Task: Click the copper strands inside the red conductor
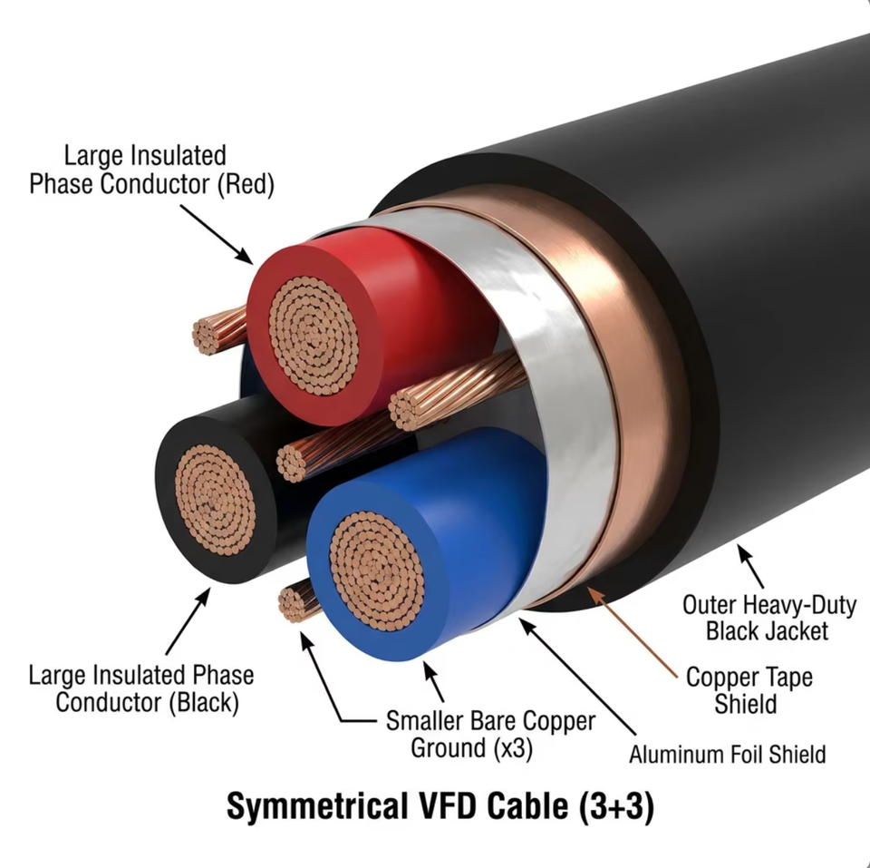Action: [x=314, y=336]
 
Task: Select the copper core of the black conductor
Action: [x=216, y=499]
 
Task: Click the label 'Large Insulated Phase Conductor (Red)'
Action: [x=151, y=170]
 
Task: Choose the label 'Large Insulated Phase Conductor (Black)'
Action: [x=141, y=688]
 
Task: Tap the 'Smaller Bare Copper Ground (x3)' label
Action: [x=490, y=734]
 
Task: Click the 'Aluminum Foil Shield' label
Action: [x=728, y=754]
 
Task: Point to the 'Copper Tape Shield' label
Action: [x=749, y=690]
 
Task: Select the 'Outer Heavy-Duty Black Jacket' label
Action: [x=769, y=618]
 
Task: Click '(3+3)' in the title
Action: [x=616, y=805]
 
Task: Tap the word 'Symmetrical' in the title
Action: [x=315, y=806]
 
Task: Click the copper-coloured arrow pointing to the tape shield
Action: [x=632, y=632]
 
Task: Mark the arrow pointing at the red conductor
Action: [x=217, y=234]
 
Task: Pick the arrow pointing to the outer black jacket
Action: [x=750, y=567]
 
